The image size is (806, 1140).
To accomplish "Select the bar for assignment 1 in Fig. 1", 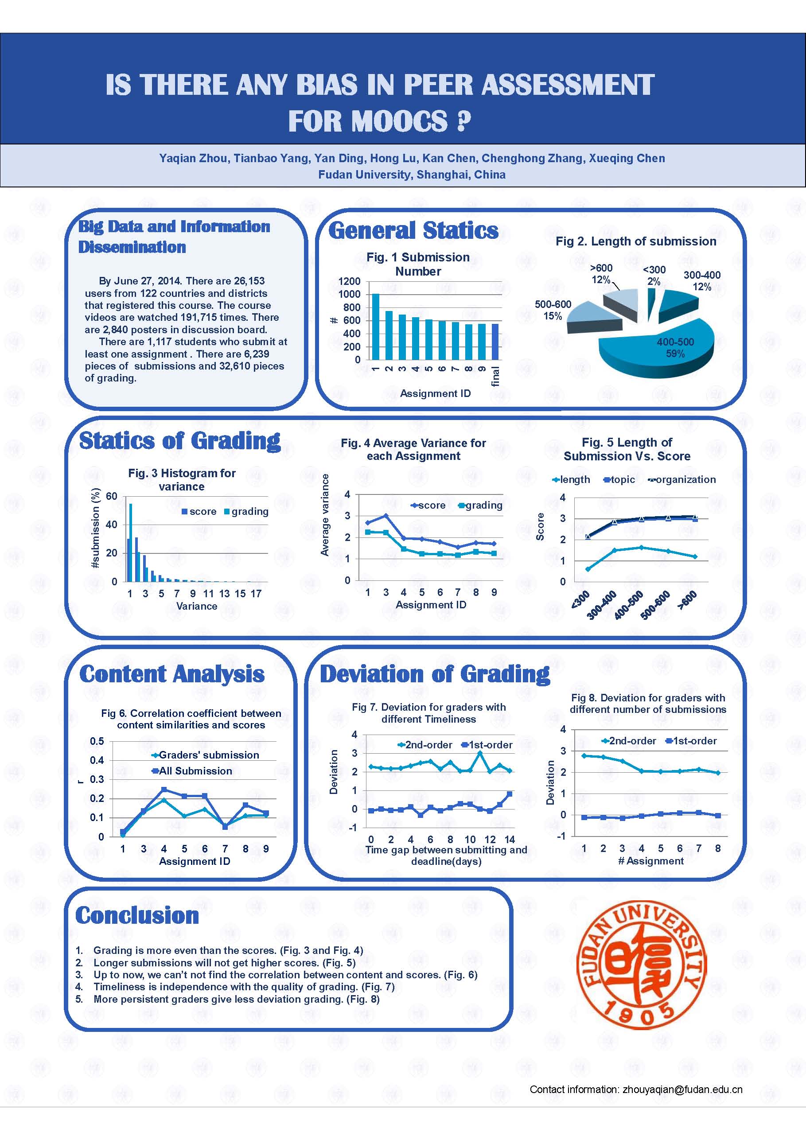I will click(375, 326).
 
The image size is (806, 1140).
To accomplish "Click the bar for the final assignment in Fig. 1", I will click(495, 342).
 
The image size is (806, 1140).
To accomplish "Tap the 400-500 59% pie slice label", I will click(675, 347).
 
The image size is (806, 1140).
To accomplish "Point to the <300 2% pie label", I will click(654, 275).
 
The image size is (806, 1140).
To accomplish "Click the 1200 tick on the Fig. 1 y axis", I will click(349, 281).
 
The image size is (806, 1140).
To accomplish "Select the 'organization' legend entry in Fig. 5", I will click(682, 480).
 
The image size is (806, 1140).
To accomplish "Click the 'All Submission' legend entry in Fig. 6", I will click(192, 771).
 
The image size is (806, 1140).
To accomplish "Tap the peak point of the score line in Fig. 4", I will click(386, 516).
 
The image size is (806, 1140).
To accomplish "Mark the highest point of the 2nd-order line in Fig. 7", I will click(480, 753).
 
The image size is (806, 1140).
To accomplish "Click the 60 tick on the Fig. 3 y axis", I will click(112, 496).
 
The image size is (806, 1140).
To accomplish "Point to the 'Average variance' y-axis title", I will click(325, 515).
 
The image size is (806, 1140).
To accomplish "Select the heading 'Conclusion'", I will click(137, 915).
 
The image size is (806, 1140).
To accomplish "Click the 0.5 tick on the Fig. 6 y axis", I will click(97, 741).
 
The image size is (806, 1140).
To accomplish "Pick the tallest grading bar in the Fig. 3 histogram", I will click(131, 542).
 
